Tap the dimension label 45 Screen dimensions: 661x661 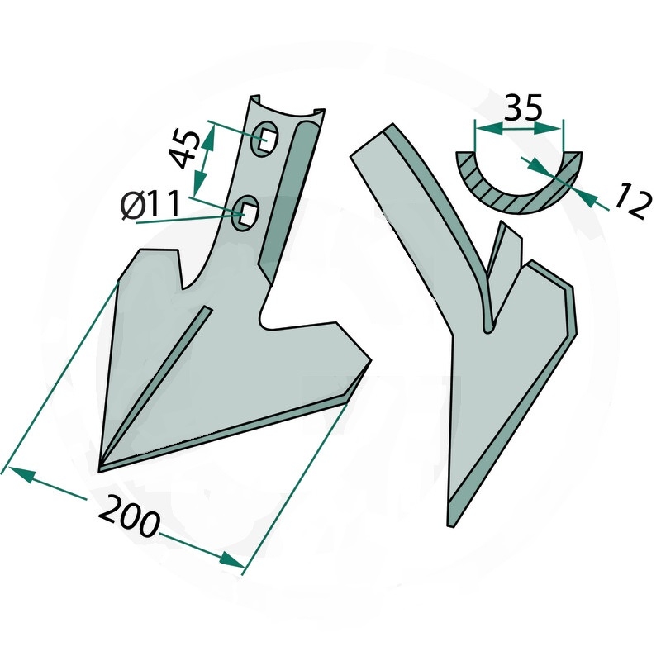[185, 150]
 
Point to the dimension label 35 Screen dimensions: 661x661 [523, 107]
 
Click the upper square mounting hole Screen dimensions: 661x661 [265, 139]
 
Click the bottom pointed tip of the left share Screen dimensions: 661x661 [98, 471]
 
